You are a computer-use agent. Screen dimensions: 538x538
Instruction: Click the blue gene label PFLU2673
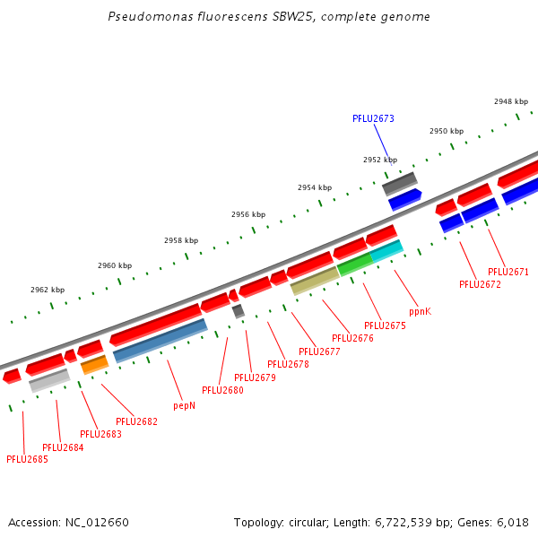tap(373, 118)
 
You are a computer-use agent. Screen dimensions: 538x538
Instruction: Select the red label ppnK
tap(420, 311)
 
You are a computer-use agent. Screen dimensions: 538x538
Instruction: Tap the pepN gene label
tap(184, 405)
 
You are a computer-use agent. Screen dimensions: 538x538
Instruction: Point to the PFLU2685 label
tap(27, 459)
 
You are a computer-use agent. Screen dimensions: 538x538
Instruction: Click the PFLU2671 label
tap(508, 272)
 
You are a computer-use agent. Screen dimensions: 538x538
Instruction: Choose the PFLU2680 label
tap(222, 390)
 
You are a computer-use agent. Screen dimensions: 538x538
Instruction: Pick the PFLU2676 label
tap(352, 338)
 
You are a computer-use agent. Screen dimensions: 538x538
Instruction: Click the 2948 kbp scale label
tap(511, 101)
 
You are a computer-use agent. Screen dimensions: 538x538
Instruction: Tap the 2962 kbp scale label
tap(48, 290)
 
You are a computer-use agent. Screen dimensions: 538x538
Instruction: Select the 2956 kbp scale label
tap(248, 214)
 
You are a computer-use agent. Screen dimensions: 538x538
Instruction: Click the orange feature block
tap(94, 364)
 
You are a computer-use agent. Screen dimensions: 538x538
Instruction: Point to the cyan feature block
tap(386, 252)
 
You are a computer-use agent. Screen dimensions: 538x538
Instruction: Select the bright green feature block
tap(354, 265)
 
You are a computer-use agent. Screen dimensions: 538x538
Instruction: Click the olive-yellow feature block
tap(315, 281)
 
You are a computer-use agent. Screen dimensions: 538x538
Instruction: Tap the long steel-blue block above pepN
tap(161, 340)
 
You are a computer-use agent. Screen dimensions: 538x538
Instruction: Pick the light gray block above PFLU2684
tap(49, 380)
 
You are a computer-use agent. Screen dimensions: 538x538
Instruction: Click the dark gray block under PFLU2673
tap(399, 183)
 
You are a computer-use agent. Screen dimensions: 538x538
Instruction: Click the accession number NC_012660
tap(97, 522)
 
